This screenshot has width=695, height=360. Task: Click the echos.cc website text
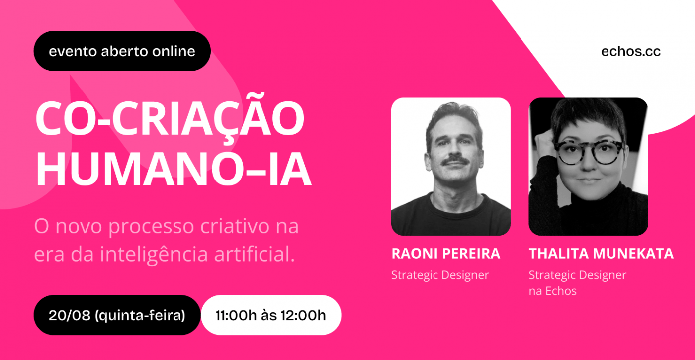(631, 52)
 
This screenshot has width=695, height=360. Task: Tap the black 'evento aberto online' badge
(122, 51)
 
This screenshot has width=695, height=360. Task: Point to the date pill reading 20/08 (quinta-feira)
(117, 315)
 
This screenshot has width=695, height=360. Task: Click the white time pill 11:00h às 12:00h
(271, 315)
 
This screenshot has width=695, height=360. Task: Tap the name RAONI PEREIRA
(446, 254)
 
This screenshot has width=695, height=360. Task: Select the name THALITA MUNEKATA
(602, 254)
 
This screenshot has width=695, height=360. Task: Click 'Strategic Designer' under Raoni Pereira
(440, 275)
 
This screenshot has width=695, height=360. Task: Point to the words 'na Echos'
(553, 291)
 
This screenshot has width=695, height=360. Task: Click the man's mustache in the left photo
(455, 161)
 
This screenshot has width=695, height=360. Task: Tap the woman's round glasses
(588, 152)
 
